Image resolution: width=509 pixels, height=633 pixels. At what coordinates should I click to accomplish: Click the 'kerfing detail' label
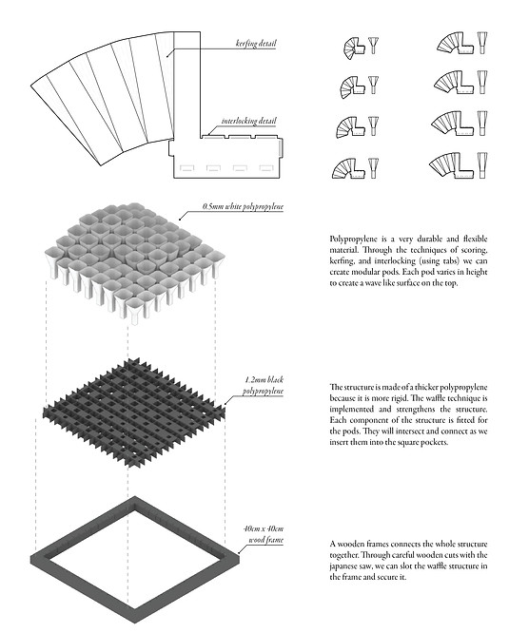tap(256, 43)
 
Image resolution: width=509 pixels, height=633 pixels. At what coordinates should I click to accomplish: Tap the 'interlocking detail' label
tap(249, 121)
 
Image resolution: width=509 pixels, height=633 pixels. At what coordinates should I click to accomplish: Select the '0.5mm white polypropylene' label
tap(243, 206)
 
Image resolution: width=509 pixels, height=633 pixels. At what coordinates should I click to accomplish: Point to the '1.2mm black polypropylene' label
tap(264, 385)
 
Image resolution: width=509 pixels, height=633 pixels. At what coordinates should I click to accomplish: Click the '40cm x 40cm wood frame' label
tap(264, 534)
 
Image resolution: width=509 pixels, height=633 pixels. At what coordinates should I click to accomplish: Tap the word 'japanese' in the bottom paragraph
tap(343, 566)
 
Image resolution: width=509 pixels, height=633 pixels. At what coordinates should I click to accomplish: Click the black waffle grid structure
tap(134, 412)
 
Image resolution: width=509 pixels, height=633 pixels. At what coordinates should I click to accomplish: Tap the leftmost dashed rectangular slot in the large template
tap(186, 167)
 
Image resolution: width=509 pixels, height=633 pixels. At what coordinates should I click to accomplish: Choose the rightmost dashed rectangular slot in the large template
tap(265, 167)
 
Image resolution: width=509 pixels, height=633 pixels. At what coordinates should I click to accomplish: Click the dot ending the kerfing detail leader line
tap(167, 56)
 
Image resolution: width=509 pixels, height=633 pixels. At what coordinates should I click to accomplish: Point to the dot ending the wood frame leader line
tap(239, 552)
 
